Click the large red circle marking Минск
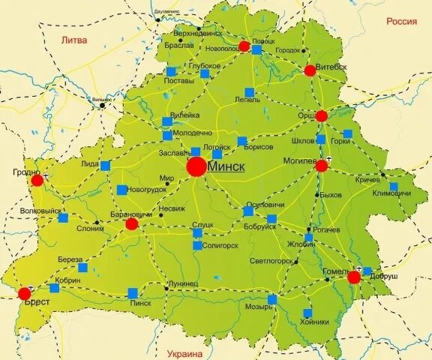196,166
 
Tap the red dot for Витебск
310,70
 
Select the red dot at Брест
24,293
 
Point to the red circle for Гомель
354,277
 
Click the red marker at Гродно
37,180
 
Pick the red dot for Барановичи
131,223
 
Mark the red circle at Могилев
322,165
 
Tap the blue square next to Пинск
133,293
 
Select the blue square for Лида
105,166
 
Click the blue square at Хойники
307,313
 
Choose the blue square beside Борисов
242,141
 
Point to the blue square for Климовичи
394,187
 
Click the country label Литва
73,40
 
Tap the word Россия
401,22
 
